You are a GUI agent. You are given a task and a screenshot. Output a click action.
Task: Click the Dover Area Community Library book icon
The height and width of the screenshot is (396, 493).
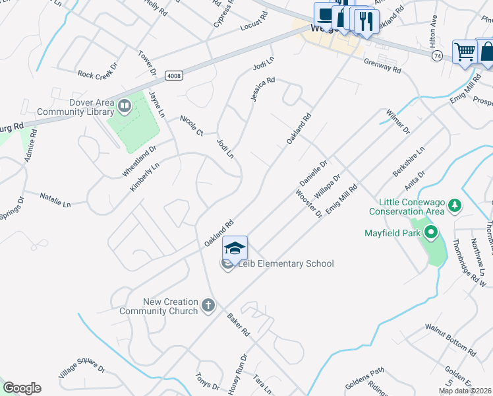point(124,104)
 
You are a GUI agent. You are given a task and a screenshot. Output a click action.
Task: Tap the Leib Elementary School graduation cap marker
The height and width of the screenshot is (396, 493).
point(235,248)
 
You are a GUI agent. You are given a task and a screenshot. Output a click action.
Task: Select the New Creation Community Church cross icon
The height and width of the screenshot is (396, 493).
point(208,305)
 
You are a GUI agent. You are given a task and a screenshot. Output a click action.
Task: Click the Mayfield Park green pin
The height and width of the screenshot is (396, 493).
point(431,232)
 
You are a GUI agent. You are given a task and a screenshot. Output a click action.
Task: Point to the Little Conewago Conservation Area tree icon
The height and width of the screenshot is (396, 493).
point(454,207)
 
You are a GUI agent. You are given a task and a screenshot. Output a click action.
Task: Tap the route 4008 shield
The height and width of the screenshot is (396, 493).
point(174,76)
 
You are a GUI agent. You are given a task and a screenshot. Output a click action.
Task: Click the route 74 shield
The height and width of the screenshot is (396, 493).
point(437,57)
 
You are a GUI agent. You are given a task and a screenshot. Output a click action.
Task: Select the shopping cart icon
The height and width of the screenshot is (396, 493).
point(465,51)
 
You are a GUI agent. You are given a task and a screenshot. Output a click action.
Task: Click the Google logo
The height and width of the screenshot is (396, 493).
point(22,388)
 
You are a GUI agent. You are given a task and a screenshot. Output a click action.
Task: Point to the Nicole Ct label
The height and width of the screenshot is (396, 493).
point(192,125)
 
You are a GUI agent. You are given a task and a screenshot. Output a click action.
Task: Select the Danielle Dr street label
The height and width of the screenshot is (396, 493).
point(313,172)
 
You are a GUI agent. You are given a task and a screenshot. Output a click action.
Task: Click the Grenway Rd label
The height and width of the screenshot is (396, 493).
point(383,65)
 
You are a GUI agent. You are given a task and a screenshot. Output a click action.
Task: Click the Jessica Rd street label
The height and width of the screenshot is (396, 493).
point(262,89)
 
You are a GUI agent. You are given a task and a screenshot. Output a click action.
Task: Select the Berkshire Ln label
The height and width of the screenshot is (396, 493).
point(408,160)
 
